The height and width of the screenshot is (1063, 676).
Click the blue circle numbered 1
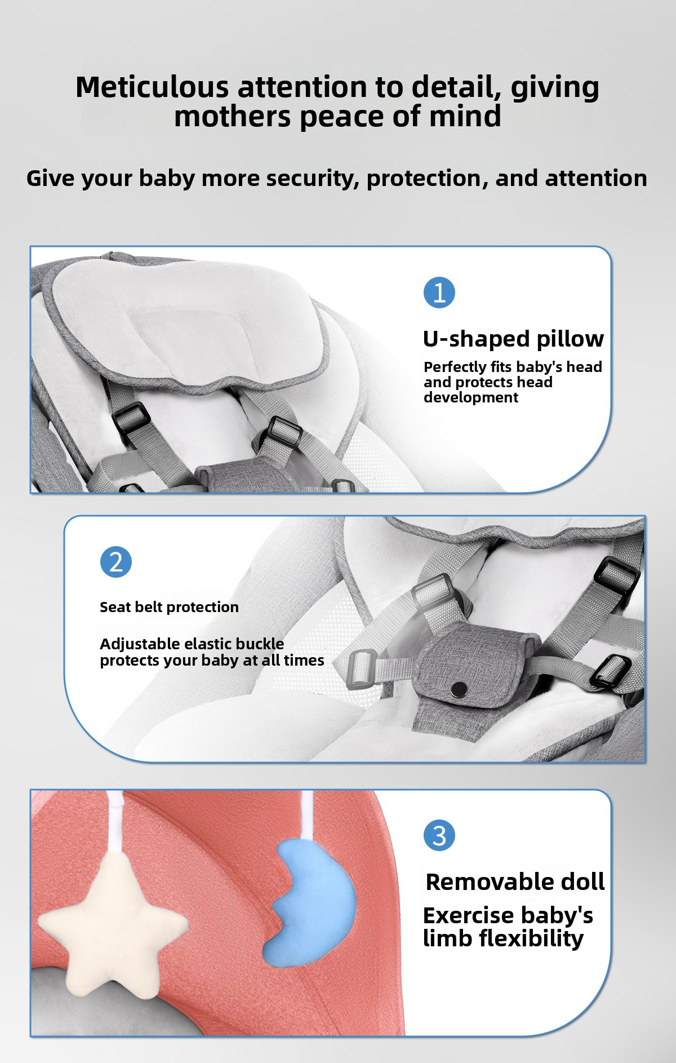tap(439, 293)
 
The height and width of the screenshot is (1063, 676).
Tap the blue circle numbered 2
tap(115, 562)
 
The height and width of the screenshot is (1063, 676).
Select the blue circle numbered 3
tap(439, 835)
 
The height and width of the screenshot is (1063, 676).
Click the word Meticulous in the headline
tap(153, 87)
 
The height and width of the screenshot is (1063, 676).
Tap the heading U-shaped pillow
tap(513, 339)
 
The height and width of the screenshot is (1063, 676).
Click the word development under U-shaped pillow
tap(471, 397)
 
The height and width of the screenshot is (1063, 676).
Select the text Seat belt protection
tap(169, 607)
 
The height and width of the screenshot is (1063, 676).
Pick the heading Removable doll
tap(515, 882)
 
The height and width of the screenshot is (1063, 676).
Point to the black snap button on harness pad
tap(460, 688)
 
